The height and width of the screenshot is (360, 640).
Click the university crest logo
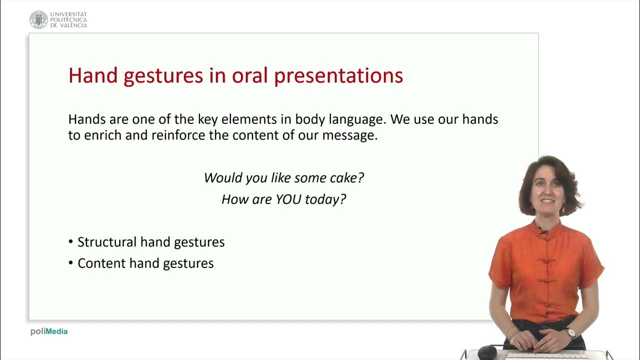click(38, 19)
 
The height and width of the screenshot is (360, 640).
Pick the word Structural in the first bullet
click(107, 242)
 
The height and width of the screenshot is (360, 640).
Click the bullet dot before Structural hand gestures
click(71, 242)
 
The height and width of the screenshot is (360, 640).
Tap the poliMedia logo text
click(49, 331)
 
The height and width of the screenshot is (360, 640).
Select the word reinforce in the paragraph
click(178, 135)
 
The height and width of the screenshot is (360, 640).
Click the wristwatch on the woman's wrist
click(570, 332)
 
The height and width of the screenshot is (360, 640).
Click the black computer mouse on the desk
click(487, 353)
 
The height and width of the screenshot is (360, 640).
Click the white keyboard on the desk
click(545, 356)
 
